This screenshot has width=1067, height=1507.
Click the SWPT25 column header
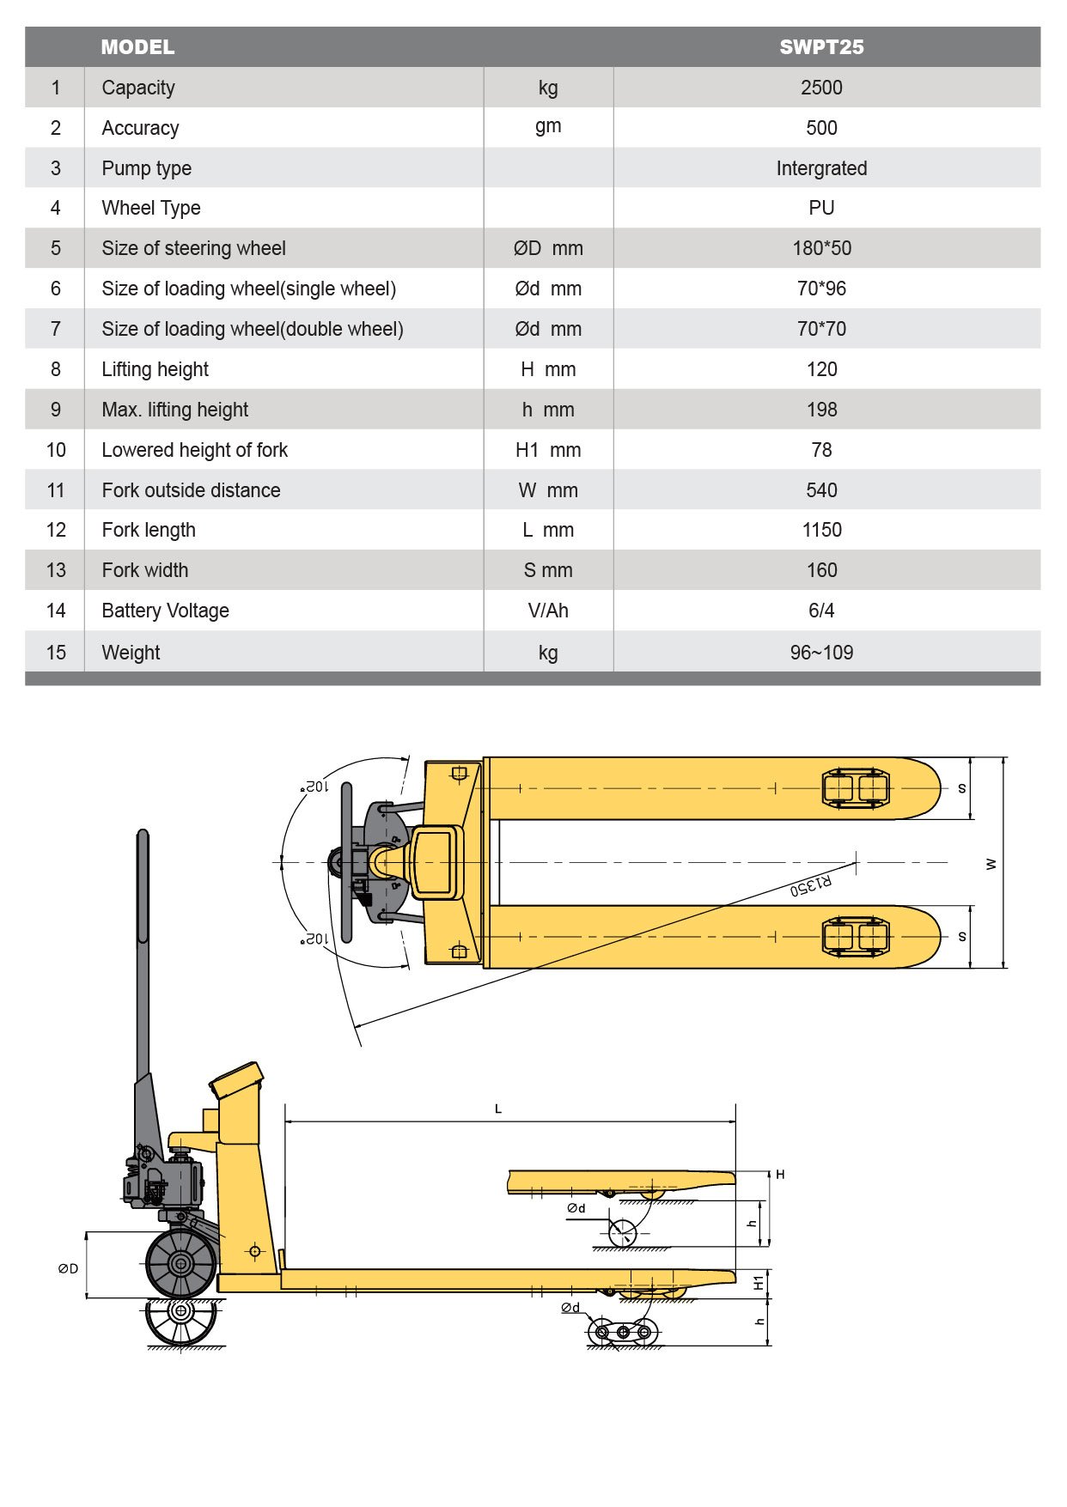[821, 47]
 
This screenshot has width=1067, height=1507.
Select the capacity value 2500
[821, 88]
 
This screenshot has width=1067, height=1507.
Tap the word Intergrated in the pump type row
[821, 168]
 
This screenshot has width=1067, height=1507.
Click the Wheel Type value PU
[821, 208]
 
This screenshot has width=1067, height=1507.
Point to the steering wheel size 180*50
[821, 248]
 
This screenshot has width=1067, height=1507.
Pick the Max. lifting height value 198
[821, 410]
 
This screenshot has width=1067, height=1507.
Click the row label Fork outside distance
[191, 490]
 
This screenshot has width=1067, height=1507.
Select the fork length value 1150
[821, 530]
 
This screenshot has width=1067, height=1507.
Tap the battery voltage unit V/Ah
[548, 611]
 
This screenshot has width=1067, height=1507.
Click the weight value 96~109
[821, 653]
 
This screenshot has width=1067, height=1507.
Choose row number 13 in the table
[56, 570]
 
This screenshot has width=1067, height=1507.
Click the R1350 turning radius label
[810, 885]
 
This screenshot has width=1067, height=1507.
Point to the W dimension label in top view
[991, 864]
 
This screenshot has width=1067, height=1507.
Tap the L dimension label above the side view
[498, 1109]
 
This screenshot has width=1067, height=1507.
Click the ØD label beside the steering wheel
[68, 1268]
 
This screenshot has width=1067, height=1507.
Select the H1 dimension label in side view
[759, 1283]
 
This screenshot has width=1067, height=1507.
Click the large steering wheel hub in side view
[180, 1263]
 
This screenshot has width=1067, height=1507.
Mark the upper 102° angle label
[315, 787]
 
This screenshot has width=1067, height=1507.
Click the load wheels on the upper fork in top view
[856, 788]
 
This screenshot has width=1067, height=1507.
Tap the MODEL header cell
[137, 47]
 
